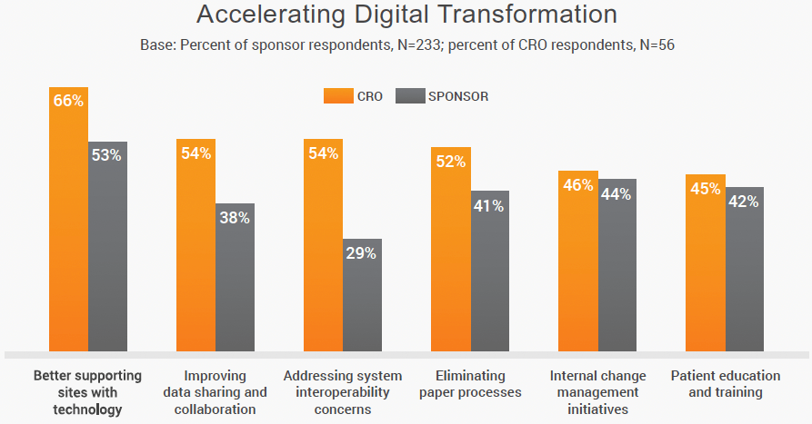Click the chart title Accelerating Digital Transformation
(406, 15)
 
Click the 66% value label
(68, 102)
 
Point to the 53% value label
(106, 155)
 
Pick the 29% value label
(361, 253)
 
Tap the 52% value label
(450, 162)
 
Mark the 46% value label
(577, 185)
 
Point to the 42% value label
(744, 202)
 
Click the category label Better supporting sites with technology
(88, 392)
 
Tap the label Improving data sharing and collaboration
(215, 392)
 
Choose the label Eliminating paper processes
(469, 384)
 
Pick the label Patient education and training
(725, 384)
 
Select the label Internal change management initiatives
(597, 392)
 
